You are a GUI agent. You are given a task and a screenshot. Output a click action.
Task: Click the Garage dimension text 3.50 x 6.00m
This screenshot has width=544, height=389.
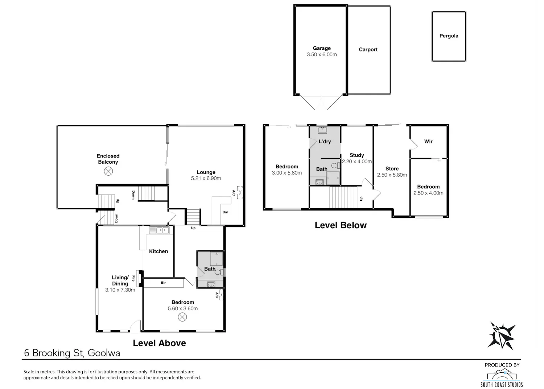tap(322, 54)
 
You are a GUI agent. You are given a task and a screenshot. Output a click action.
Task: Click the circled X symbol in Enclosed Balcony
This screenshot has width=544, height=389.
tap(108, 171)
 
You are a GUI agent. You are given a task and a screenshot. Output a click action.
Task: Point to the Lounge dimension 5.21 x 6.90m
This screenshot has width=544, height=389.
tap(206, 178)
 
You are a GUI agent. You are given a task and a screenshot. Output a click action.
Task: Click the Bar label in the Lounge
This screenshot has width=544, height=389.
tap(225, 212)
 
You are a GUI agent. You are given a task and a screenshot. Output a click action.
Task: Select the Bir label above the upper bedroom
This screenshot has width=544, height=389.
tap(163, 283)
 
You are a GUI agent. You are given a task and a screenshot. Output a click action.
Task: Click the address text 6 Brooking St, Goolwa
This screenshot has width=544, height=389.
tap(72, 353)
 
